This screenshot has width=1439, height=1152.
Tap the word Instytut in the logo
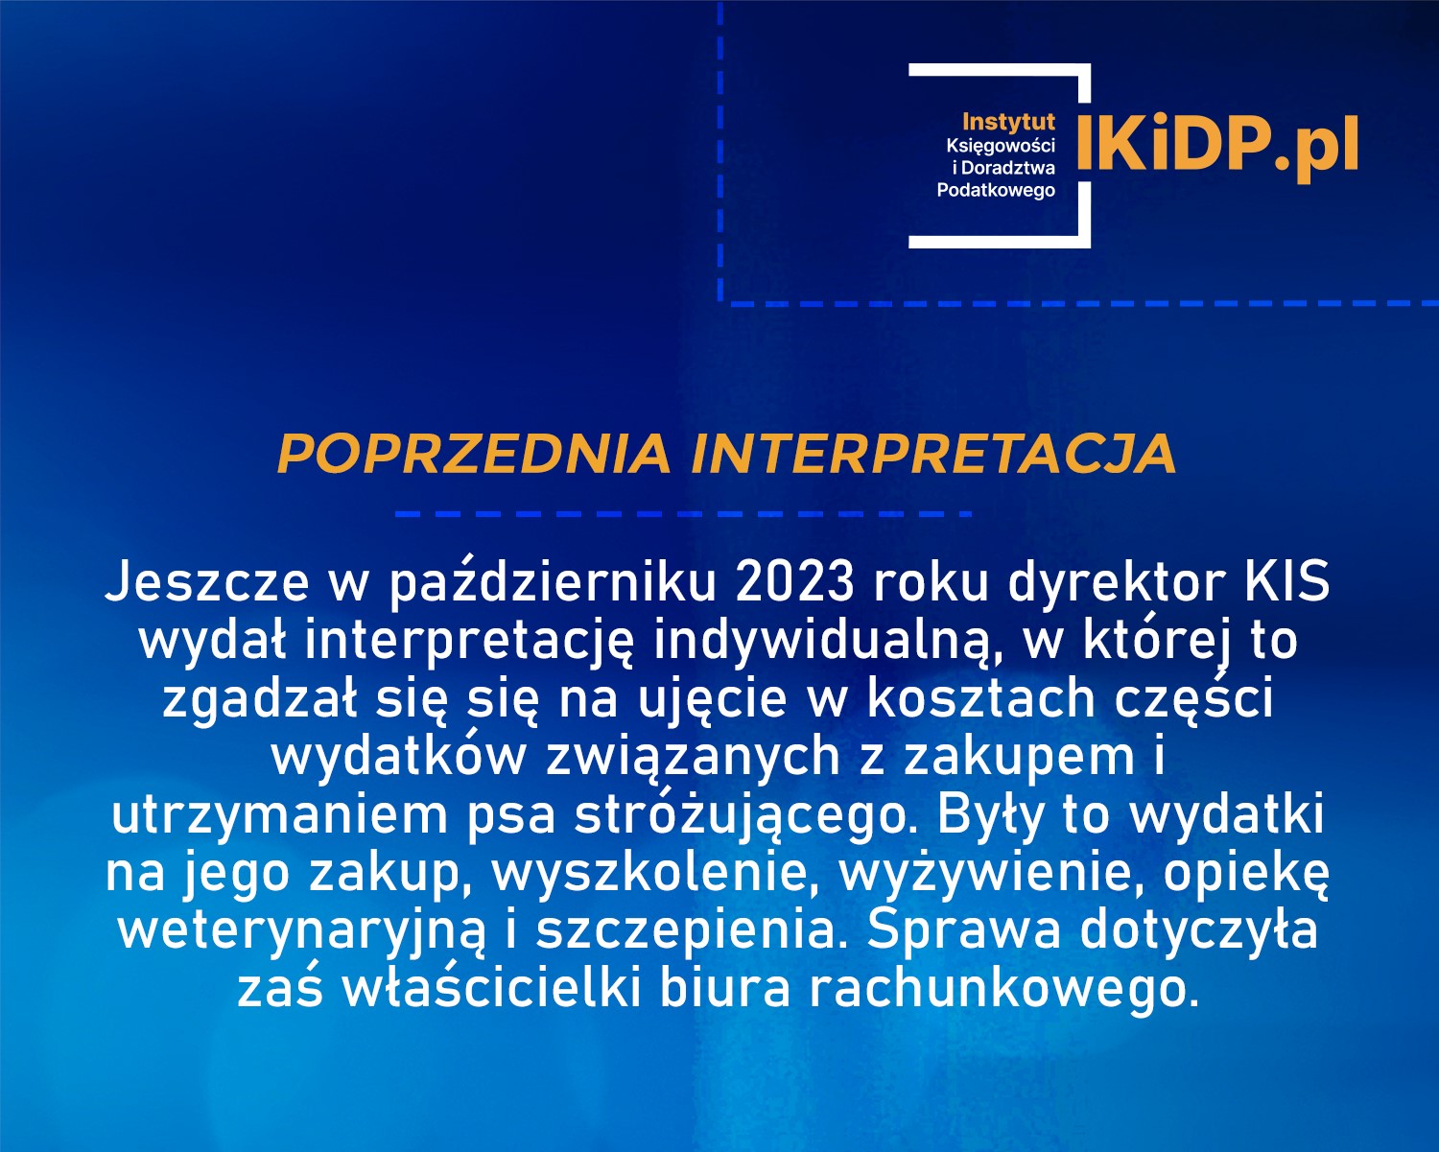click(x=1008, y=122)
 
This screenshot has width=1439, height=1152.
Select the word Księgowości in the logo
click(x=1001, y=145)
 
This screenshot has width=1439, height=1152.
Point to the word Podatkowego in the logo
click(x=996, y=190)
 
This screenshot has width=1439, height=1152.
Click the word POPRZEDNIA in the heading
click(x=473, y=454)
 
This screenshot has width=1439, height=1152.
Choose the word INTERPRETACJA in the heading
click(x=933, y=454)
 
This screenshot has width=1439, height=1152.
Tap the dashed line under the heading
click(x=683, y=514)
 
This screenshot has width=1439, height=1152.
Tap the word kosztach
click(x=981, y=697)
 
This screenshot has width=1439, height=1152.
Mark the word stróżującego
click(x=740, y=816)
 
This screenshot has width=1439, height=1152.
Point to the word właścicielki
click(x=490, y=989)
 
